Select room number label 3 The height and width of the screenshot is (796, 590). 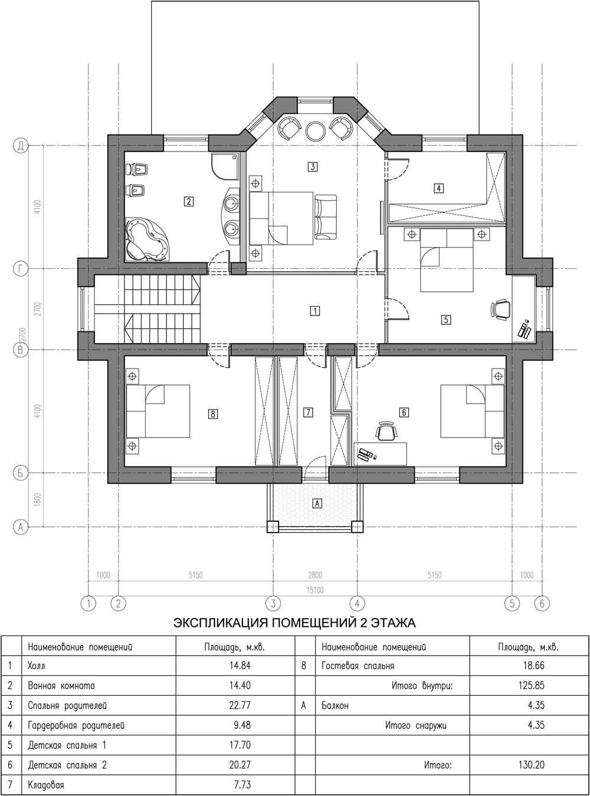click(x=313, y=166)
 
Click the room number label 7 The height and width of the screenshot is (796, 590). click(x=308, y=412)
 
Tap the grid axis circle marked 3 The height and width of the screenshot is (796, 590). click(x=273, y=603)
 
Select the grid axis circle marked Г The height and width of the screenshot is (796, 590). click(x=21, y=268)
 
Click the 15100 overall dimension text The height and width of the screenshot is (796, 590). click(x=315, y=590)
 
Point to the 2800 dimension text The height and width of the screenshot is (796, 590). click(x=315, y=575)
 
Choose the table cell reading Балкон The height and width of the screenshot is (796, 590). click(x=335, y=706)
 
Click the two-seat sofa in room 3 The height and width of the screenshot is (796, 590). click(x=326, y=217)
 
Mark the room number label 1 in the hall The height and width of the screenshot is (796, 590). click(x=315, y=311)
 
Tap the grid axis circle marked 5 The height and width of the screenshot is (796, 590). click(x=512, y=603)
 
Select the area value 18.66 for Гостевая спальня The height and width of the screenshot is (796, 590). click(x=533, y=666)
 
